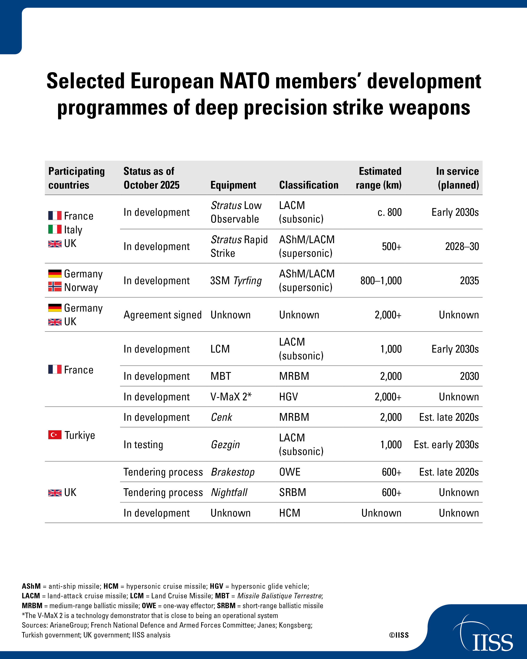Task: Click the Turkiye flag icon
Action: (55, 435)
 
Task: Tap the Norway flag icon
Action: (55, 287)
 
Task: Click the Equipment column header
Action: (233, 185)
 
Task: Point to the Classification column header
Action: (309, 185)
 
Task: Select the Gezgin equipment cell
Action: (225, 444)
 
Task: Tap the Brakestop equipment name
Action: (233, 472)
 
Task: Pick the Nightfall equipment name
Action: (229, 492)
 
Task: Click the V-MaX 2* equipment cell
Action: (231, 396)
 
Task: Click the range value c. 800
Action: (390, 212)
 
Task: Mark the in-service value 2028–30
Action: (462, 246)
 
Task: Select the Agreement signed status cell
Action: (163, 315)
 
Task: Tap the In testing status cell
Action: (143, 444)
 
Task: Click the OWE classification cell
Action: (290, 472)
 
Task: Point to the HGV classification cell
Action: (289, 396)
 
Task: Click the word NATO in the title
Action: (245, 81)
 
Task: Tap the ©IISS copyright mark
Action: (399, 635)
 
